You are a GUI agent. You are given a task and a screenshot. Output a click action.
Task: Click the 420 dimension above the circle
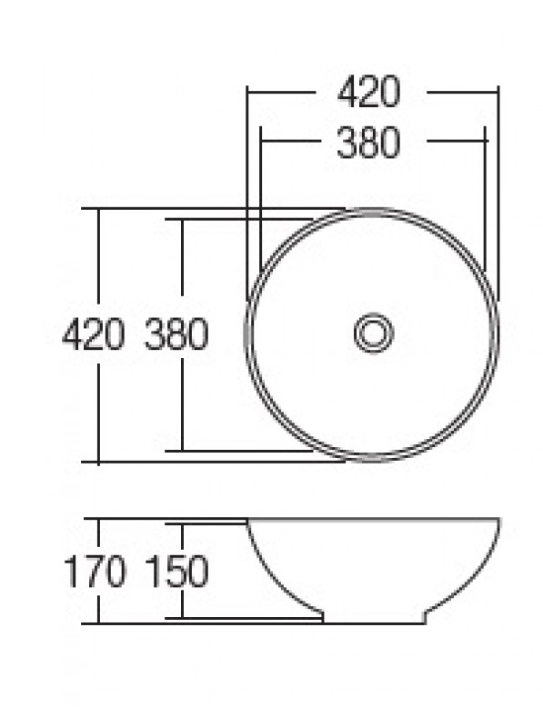(x=368, y=93)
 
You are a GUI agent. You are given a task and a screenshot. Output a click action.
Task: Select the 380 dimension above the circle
(x=368, y=143)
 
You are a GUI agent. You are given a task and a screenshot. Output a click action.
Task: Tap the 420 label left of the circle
(x=94, y=334)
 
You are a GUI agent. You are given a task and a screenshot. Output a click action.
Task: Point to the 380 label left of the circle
(x=176, y=334)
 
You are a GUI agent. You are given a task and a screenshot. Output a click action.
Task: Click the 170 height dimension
(x=95, y=572)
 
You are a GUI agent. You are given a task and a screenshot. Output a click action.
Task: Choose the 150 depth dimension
(x=176, y=572)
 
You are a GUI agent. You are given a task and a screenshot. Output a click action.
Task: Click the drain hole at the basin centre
(x=374, y=333)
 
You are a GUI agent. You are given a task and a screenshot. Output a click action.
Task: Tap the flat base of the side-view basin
(x=374, y=623)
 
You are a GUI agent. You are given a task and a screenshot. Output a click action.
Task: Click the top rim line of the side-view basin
(x=374, y=519)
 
